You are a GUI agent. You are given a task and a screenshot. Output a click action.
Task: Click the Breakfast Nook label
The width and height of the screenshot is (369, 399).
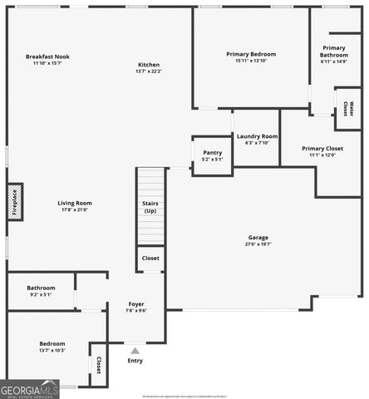pos(52,57)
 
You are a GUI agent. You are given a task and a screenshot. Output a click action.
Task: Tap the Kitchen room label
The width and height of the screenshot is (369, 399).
pos(148,65)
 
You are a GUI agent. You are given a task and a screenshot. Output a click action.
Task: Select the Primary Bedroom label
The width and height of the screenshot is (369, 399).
pos(251,54)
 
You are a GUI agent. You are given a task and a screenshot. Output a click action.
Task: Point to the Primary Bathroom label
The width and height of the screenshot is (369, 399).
pos(334,52)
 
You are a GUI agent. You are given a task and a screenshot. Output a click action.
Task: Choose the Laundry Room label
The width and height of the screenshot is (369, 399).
pos(257,136)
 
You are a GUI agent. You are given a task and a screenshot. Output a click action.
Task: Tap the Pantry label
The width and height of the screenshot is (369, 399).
pos(212,153)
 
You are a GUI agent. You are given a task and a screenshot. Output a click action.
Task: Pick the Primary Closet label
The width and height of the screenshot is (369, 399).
pos(322,149)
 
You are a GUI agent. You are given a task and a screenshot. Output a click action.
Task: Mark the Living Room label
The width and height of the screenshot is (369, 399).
pos(75,203)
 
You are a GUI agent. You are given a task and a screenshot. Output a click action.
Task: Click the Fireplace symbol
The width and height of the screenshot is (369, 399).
pos(15,203)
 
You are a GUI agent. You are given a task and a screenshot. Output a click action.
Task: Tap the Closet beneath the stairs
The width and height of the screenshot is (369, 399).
pos(150,259)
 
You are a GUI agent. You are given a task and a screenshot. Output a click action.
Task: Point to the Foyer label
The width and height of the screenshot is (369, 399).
pos(135,304)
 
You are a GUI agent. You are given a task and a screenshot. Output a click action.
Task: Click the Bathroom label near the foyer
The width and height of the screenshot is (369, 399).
pos(41,288)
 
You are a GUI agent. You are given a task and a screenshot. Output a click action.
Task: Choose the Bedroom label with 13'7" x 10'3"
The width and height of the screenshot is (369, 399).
pos(52,343)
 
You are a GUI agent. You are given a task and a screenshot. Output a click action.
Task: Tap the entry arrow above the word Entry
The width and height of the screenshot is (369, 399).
pos(135,350)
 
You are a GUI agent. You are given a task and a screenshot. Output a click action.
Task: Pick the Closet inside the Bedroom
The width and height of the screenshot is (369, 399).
pos(98,364)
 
